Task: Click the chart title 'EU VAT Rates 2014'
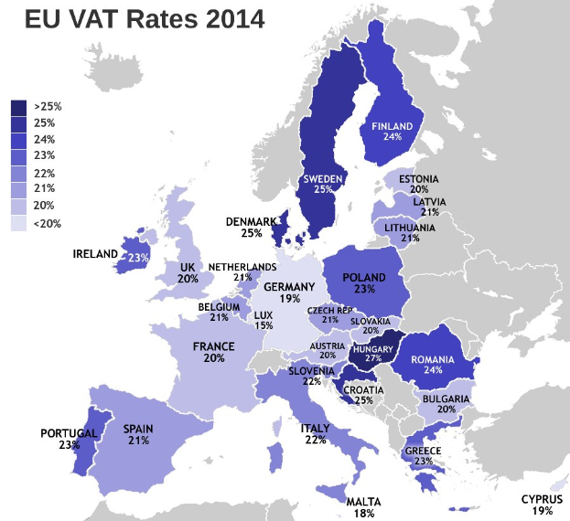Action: (144, 19)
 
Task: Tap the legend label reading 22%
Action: (44, 173)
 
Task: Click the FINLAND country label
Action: (393, 126)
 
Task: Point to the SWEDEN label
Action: (323, 178)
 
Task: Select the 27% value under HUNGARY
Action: (373, 359)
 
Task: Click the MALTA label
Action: (364, 502)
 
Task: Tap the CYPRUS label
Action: (542, 499)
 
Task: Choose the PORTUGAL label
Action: (69, 433)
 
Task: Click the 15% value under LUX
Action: (263, 325)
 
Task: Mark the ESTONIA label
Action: (419, 179)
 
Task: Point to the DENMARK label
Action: (252, 222)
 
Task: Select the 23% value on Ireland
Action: (138, 258)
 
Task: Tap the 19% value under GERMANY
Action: (289, 298)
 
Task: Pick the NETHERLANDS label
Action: (242, 267)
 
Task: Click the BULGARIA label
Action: (446, 399)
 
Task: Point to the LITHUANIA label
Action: (409, 227)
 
